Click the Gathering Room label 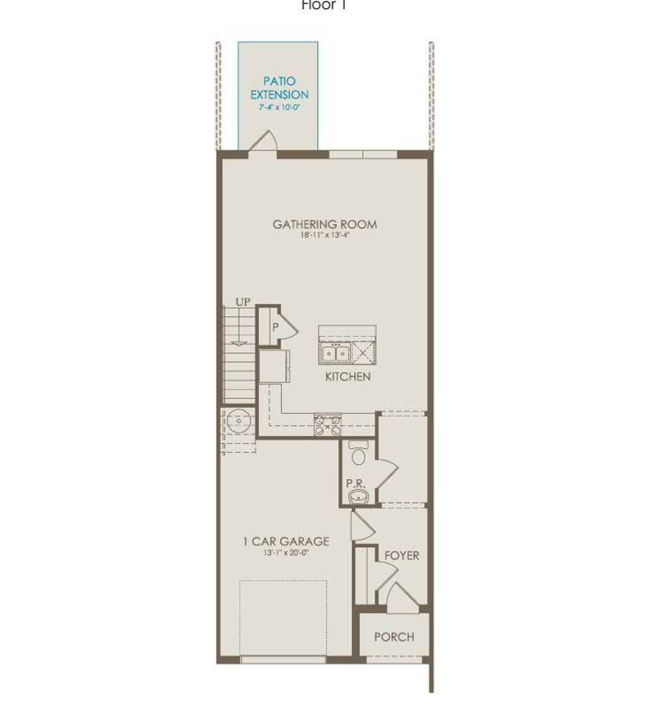point(324,224)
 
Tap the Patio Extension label point(280,88)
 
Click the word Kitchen point(347,376)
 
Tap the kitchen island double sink point(335,352)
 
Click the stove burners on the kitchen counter point(328,424)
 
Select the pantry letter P point(276,328)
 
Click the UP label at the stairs point(243,302)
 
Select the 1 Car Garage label point(286,541)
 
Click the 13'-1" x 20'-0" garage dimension point(286,552)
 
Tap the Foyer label point(401,555)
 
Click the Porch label point(394,637)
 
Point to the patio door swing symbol point(264,141)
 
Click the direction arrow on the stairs point(239,343)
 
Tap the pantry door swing point(289,327)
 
